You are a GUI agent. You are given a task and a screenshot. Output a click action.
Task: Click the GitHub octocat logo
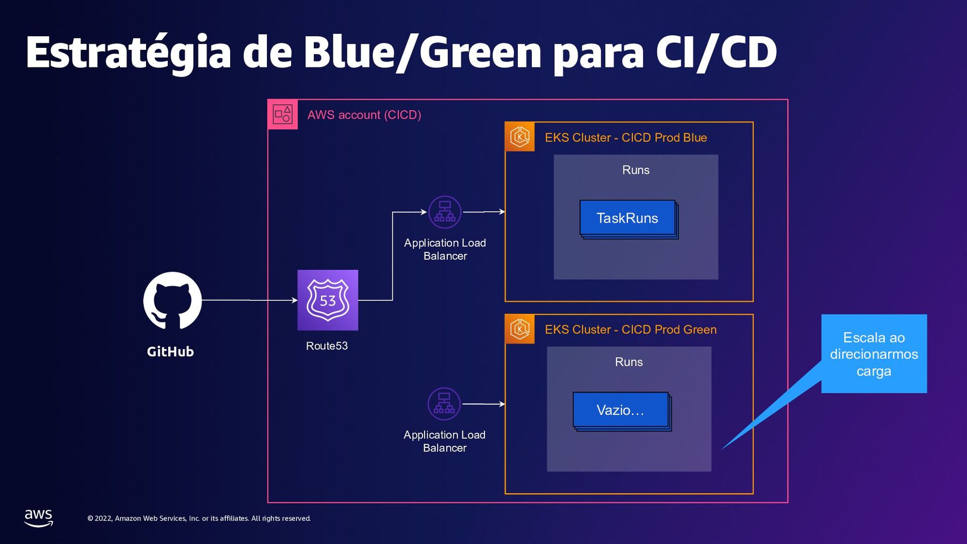pos(172,301)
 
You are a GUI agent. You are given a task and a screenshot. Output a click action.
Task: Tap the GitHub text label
pos(170,352)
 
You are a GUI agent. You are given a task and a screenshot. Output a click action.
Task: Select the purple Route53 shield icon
pos(328,300)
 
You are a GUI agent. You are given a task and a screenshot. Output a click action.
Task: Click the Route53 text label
pos(327,346)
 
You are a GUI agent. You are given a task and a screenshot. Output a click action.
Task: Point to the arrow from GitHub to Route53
pos(249,300)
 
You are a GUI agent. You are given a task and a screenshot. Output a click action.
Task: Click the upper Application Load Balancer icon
pos(445,212)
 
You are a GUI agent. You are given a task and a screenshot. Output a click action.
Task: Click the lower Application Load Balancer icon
pos(444,404)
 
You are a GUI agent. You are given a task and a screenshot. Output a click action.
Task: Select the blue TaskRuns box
pos(628,218)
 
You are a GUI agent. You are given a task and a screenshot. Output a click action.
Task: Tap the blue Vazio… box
pos(620,410)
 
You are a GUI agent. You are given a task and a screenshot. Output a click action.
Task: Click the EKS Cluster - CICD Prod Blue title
pos(626,138)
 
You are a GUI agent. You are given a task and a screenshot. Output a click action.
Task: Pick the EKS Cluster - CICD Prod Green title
pos(631,329)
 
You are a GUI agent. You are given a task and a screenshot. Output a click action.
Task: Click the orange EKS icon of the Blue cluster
pos(520,137)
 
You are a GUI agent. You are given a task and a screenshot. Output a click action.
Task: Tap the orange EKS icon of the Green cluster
pos(520,329)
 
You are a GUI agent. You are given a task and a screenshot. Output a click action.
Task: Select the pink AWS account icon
pos(283,114)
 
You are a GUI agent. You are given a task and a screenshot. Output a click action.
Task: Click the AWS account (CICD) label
pos(364,115)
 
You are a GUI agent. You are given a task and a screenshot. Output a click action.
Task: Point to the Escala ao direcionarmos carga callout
pos(874,354)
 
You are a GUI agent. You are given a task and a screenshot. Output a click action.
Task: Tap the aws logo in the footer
pos(39,517)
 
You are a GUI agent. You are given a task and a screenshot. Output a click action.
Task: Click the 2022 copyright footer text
pos(199,518)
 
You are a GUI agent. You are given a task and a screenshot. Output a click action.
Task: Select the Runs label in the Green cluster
pos(629,362)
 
